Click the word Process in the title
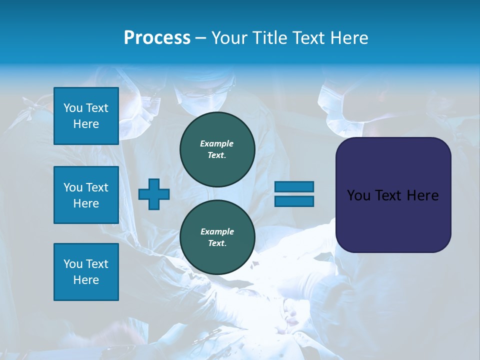coord(157,38)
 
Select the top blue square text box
coord(86,116)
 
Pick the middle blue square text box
coord(86,195)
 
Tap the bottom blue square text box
coord(86,272)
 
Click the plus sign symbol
coord(154,194)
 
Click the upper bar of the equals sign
coord(294,186)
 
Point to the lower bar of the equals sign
coord(294,201)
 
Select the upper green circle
coord(217,149)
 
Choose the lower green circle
coord(217,237)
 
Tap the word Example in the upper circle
coord(216,144)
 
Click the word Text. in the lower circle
coord(217,243)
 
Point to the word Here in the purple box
coord(422,195)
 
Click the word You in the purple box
coord(358,195)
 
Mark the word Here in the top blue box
coord(86,124)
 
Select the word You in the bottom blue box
coord(73,264)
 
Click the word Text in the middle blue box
coord(96,187)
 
